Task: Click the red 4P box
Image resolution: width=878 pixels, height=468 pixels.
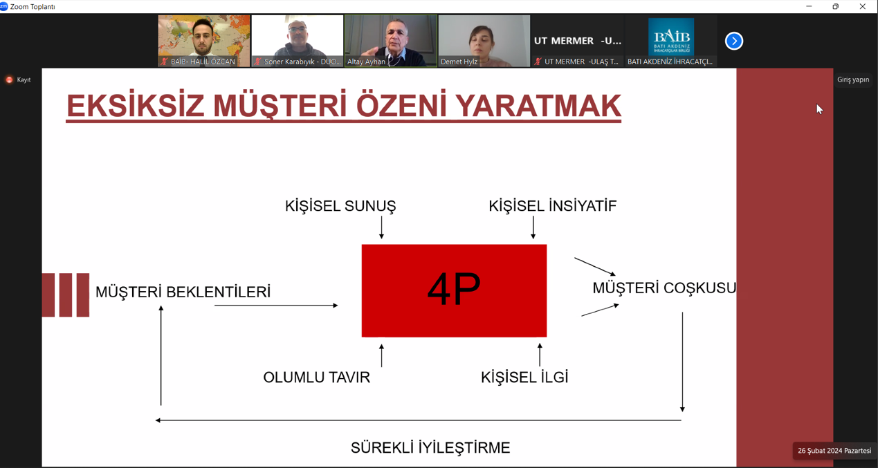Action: point(454,290)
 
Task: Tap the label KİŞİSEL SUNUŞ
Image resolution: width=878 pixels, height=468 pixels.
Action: point(340,206)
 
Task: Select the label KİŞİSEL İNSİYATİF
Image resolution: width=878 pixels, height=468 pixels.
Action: point(552,205)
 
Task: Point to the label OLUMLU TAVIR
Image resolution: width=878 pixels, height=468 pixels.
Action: point(316,377)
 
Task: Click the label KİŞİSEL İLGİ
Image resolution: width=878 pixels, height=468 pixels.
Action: point(524,377)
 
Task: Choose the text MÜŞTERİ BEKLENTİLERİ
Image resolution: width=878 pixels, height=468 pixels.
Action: point(183,292)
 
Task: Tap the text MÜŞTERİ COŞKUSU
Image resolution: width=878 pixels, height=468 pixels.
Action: point(664,288)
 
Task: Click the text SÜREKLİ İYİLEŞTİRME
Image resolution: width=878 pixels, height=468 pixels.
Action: point(430,447)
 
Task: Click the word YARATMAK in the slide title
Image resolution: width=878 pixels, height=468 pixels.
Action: point(538,106)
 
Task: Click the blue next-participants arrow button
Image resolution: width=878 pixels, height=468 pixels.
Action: point(734,41)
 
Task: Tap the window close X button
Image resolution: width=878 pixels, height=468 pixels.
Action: point(862,6)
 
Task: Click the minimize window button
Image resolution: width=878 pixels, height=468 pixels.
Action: point(809,6)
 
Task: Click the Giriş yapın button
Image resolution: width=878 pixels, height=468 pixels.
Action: point(853,79)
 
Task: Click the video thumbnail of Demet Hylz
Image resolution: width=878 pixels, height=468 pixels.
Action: point(484,41)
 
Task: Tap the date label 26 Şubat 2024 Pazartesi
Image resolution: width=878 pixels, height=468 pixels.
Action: point(834,451)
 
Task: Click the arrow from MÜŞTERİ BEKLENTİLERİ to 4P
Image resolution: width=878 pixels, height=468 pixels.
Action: point(276,305)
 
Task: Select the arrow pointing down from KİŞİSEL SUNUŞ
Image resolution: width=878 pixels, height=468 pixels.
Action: point(381,227)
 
